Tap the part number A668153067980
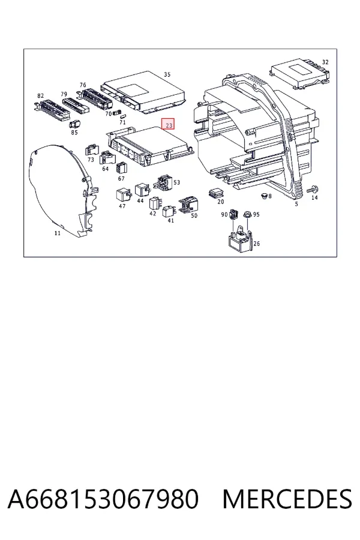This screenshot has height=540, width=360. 103,499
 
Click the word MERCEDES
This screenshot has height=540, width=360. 287,499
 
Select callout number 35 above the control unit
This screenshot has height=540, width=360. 167,74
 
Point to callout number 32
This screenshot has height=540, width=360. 325,62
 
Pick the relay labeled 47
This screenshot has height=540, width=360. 124,195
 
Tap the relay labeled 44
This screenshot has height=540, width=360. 143,190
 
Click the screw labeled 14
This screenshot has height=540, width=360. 314,189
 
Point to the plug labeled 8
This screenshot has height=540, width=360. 264,196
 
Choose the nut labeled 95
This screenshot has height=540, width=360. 247,214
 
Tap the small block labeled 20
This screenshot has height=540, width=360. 216,193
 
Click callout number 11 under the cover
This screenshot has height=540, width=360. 57,233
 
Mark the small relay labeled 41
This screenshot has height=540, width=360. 169,211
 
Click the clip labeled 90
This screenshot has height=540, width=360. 234,214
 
